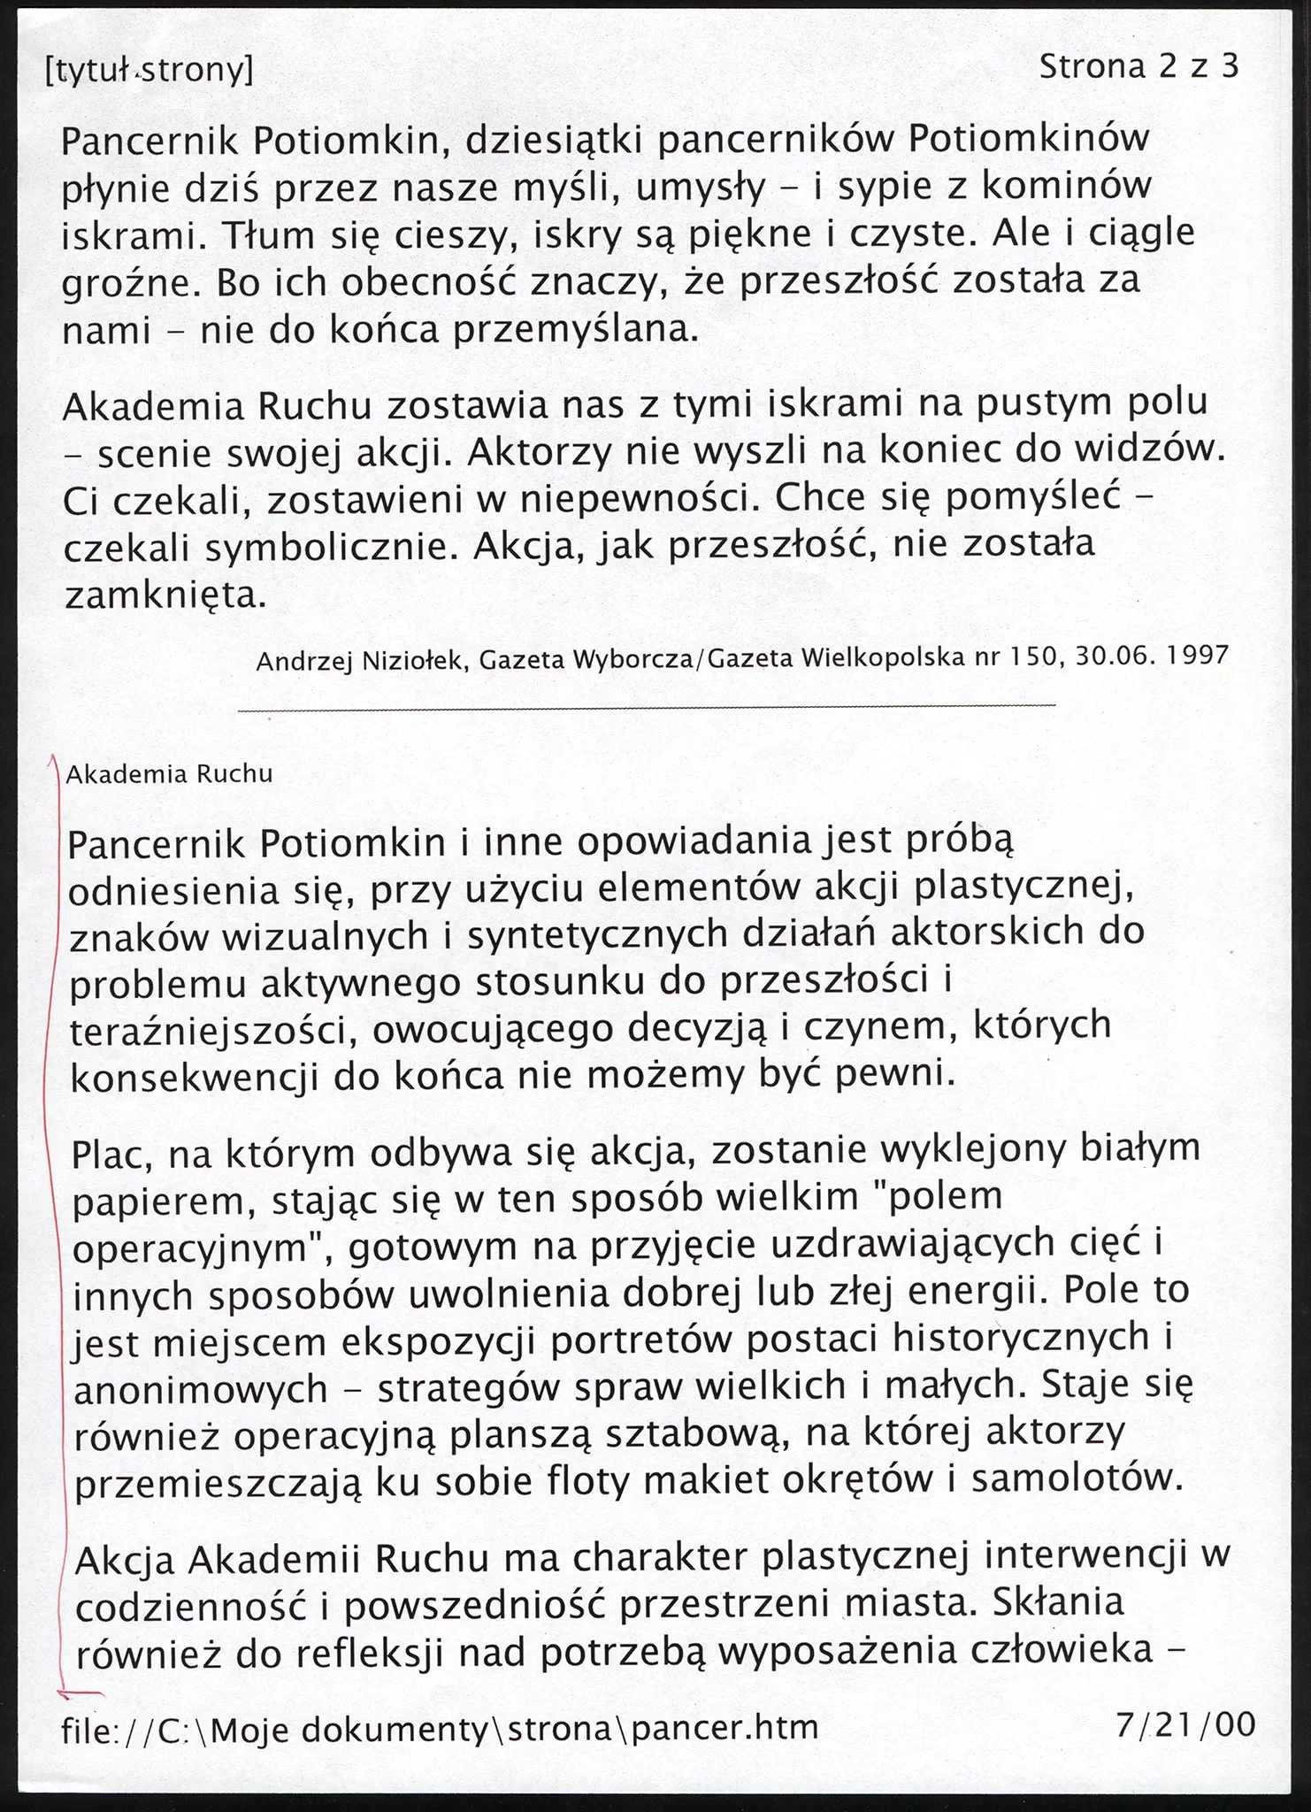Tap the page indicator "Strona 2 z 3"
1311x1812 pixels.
click(x=1138, y=67)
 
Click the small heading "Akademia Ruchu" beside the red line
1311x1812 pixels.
click(x=169, y=775)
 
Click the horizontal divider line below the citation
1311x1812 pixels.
click(x=647, y=706)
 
